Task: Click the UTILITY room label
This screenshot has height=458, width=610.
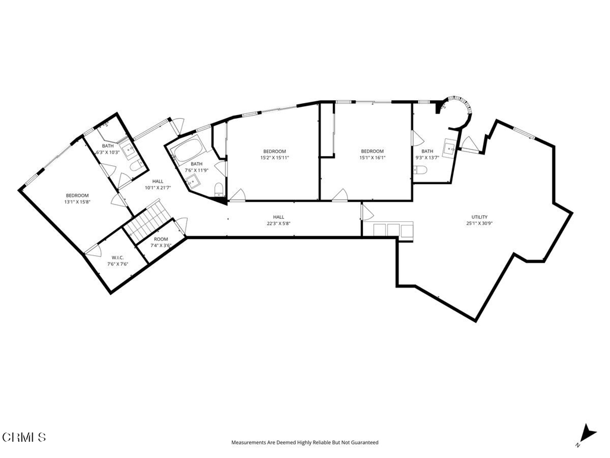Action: (x=480, y=217)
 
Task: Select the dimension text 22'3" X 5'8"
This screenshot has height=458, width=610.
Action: (x=278, y=224)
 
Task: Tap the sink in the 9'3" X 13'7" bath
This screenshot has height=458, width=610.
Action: (x=449, y=147)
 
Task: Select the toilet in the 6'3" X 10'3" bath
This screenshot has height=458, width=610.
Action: (x=135, y=164)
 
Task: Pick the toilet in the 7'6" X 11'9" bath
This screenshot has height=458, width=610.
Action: (x=219, y=190)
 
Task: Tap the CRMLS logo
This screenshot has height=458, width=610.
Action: (x=24, y=437)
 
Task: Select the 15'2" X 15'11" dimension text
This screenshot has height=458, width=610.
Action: (x=274, y=158)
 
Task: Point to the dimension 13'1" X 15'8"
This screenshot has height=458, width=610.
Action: (x=77, y=202)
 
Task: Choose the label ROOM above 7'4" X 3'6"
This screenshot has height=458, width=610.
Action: (x=161, y=239)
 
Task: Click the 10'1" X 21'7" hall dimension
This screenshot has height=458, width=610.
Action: (x=158, y=188)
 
